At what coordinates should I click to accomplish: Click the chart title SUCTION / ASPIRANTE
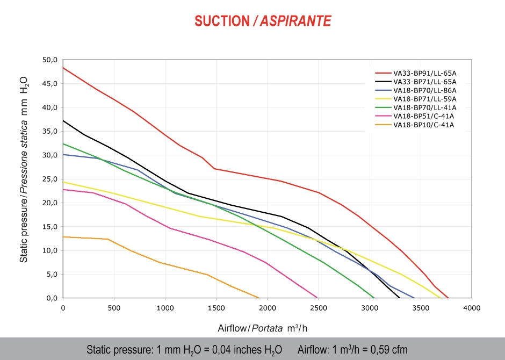263,21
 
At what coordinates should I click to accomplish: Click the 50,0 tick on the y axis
49,60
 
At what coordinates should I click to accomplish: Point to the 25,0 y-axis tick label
49,179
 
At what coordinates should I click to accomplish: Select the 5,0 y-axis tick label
50,274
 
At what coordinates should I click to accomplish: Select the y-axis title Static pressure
24,169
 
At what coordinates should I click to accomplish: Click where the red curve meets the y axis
63,68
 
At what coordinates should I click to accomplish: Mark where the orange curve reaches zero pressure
258,298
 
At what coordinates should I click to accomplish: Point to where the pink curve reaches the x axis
318,298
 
